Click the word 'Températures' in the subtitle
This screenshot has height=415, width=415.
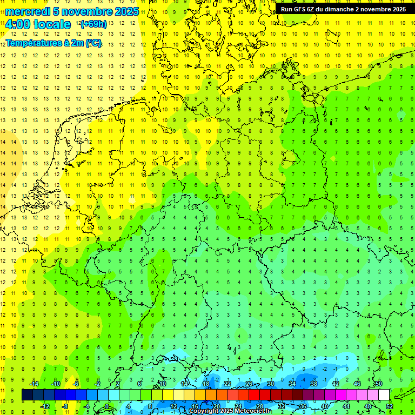pos(34,43)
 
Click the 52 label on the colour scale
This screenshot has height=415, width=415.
pos(389,406)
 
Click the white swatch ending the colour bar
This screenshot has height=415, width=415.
pos(384,395)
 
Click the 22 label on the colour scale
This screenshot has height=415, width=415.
pos(227,384)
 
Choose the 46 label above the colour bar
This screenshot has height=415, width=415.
pos(357,384)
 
